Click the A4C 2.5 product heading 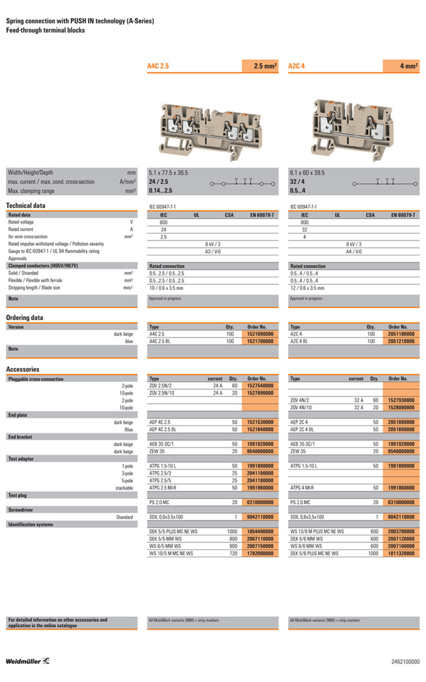click(x=158, y=66)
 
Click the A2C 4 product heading click(x=296, y=66)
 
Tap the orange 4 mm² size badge click(x=401, y=66)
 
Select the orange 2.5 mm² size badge click(x=260, y=66)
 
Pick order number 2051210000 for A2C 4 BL click(x=401, y=341)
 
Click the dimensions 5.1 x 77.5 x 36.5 click(x=169, y=172)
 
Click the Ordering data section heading click(x=24, y=318)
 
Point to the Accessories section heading click(x=23, y=369)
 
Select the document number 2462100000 click(x=405, y=661)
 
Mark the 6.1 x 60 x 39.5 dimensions click(x=307, y=172)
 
